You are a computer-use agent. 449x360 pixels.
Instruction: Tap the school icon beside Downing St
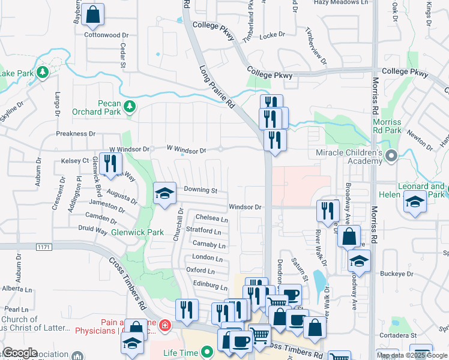[x=165, y=194]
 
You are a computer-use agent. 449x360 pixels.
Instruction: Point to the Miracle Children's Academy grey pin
[x=391, y=157]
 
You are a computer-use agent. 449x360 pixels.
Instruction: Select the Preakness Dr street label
[x=76, y=133]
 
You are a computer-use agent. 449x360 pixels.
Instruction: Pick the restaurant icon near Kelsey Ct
[x=110, y=164]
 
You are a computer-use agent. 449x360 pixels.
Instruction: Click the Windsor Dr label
[x=246, y=207]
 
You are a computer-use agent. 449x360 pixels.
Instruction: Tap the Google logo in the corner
[x=20, y=353]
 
